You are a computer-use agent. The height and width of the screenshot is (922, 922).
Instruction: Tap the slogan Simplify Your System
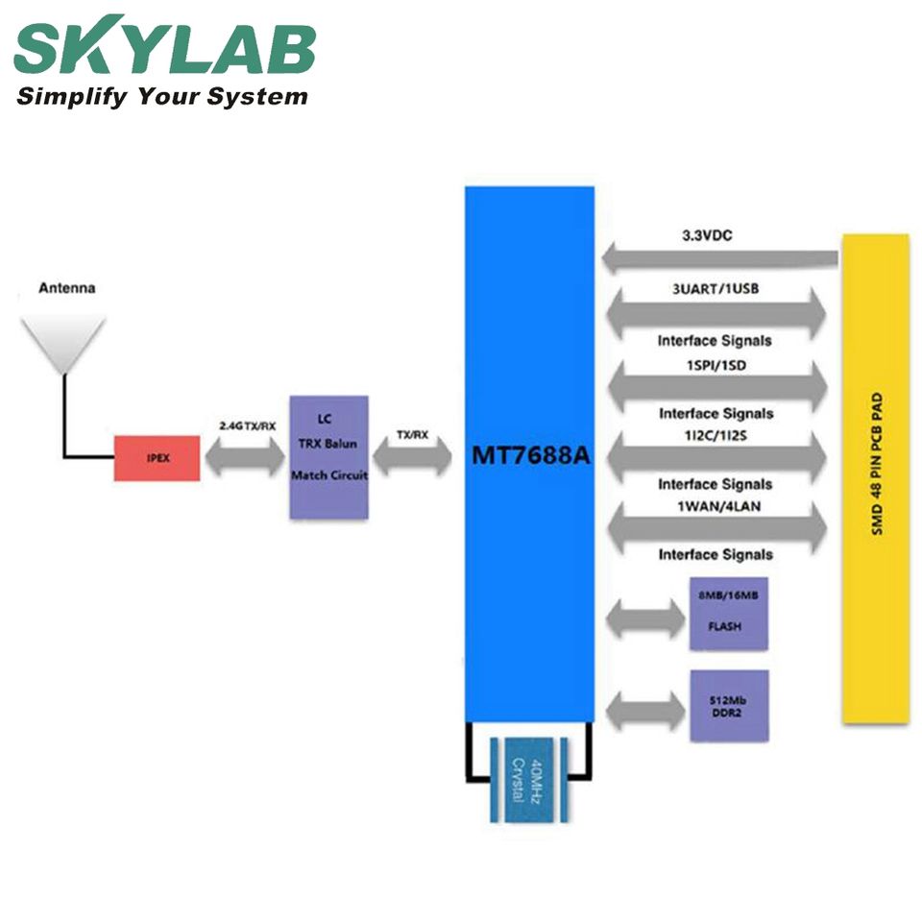[x=162, y=97]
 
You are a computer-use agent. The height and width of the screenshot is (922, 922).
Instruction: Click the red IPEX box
[x=158, y=458]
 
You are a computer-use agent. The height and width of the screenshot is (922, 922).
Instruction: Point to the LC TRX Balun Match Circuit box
[x=328, y=457]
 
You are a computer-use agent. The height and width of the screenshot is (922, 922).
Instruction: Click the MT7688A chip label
[x=530, y=456]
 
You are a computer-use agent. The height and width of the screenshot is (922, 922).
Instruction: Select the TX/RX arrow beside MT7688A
[x=412, y=458]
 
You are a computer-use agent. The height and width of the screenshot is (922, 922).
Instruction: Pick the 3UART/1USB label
[x=715, y=286]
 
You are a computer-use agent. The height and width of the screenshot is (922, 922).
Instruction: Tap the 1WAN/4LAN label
[x=716, y=503]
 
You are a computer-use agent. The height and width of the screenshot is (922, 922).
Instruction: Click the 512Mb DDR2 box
[x=729, y=705]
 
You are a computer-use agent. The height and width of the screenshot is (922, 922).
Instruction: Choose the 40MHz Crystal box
[x=523, y=777]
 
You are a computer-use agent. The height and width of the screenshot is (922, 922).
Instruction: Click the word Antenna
[x=66, y=287]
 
